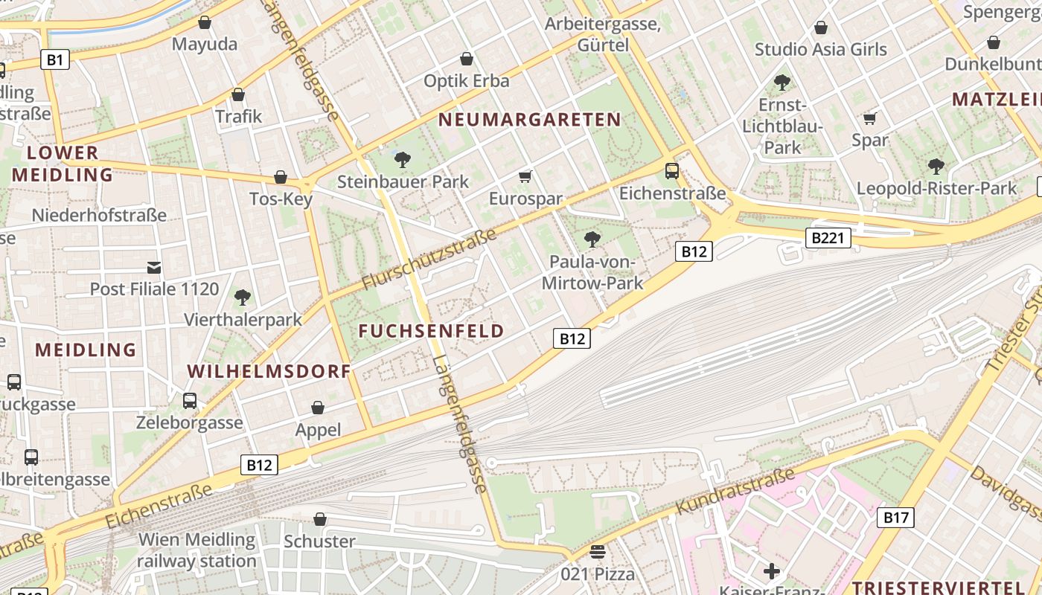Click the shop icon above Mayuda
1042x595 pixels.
(x=205, y=23)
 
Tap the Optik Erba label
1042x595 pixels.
(x=466, y=80)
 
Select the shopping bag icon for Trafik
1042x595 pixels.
(x=238, y=94)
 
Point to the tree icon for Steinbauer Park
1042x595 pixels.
(x=403, y=159)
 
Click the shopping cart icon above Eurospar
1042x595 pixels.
(x=525, y=176)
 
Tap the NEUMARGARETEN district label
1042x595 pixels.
(x=529, y=120)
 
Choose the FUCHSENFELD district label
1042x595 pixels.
(x=432, y=331)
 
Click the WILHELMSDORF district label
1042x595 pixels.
(x=269, y=371)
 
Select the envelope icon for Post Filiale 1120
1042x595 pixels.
(x=154, y=267)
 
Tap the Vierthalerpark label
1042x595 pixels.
(x=243, y=320)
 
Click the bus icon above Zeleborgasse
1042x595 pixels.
(x=190, y=401)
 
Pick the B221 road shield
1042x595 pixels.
(x=828, y=238)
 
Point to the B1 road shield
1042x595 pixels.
(x=54, y=59)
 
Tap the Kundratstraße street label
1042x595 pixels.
(x=735, y=491)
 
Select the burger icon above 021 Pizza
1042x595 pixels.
(x=598, y=552)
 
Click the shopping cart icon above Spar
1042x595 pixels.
(x=869, y=118)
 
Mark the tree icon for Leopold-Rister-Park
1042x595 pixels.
(x=936, y=166)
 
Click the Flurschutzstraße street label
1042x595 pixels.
(x=429, y=260)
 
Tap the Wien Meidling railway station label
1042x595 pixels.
(x=196, y=550)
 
